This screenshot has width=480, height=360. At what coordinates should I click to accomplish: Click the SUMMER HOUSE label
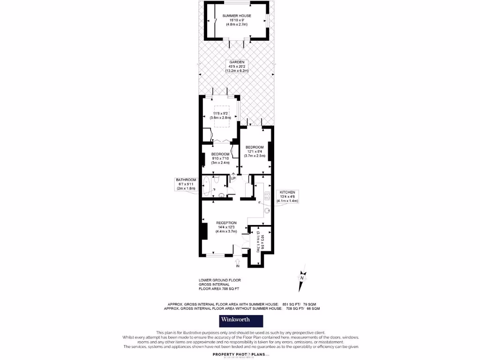coord(236,16)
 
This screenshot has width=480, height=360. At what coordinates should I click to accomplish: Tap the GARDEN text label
coord(236,62)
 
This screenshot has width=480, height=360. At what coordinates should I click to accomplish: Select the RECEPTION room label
coord(226,223)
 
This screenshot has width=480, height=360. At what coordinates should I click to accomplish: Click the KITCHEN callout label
coord(287,192)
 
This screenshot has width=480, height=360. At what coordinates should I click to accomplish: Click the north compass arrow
coord(303,275)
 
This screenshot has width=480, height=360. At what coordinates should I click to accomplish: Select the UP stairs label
coord(233,178)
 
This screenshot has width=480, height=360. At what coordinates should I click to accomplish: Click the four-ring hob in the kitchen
coord(267,196)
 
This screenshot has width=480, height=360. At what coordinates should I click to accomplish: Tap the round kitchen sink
coord(267,210)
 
